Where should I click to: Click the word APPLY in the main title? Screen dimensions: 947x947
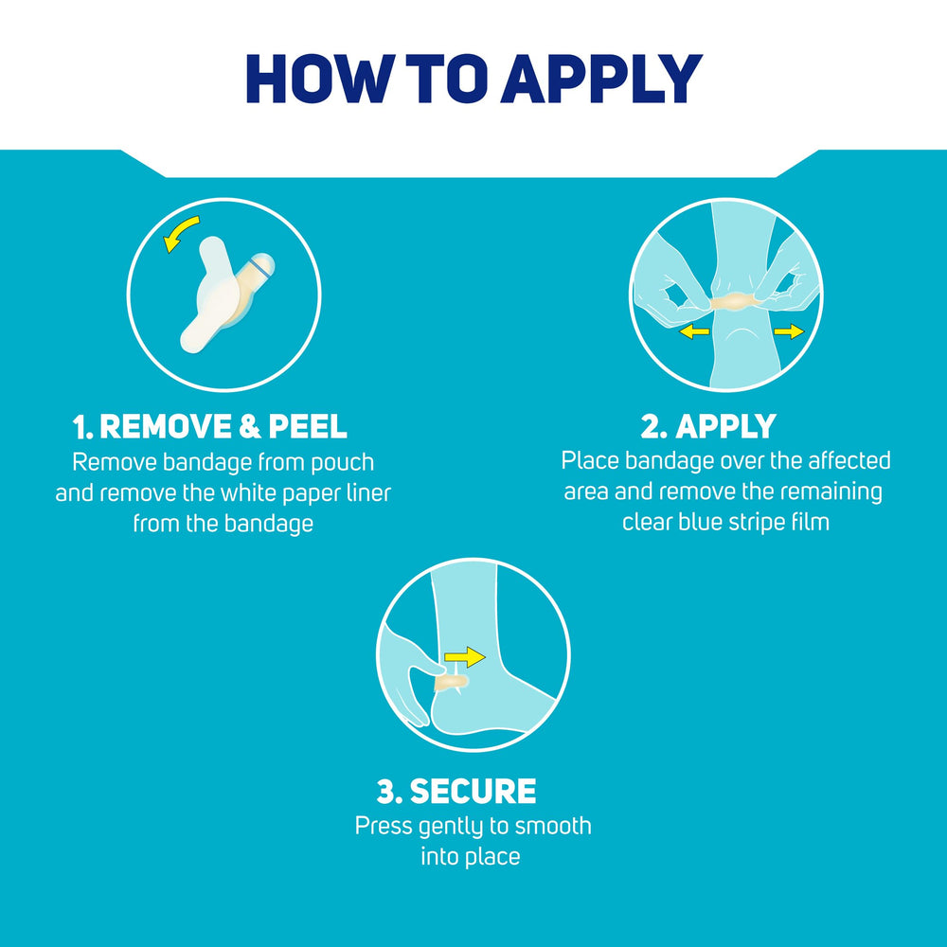coord(601,79)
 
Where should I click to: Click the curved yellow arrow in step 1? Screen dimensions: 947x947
coord(180,233)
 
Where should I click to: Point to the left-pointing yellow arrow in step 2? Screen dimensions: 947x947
coord(694,331)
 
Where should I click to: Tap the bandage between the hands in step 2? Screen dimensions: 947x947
coord(733,301)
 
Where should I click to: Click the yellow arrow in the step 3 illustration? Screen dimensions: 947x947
coord(464,657)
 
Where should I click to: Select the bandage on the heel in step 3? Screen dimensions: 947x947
coord(451,683)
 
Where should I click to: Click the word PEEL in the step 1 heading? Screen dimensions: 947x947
coord(308,426)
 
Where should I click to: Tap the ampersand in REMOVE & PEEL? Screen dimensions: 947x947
coord(249,426)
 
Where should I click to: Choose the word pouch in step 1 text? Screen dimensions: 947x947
coord(343,463)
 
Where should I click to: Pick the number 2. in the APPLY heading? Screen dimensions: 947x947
coord(653,426)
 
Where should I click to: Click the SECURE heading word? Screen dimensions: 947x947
coord(473,791)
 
